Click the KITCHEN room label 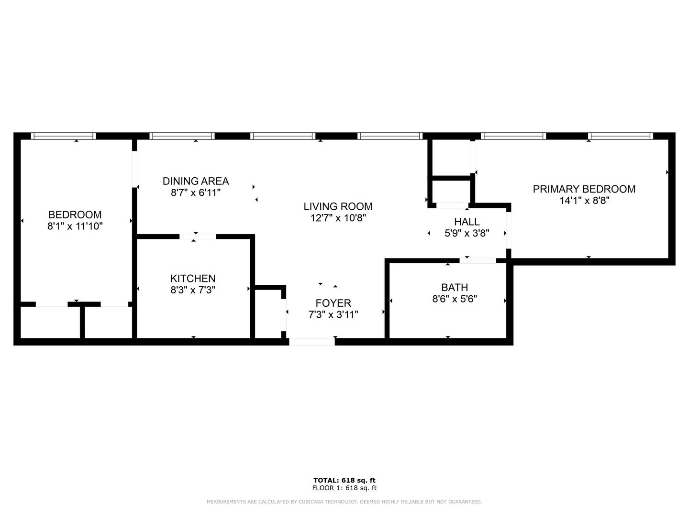[193, 278]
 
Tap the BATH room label [454, 287]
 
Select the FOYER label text [333, 303]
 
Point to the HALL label [467, 222]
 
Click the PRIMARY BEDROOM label [584, 189]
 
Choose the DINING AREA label [196, 181]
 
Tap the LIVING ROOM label [338, 206]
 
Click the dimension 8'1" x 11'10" [75, 226]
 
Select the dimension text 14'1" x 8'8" [584, 201]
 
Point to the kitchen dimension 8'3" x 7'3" [193, 290]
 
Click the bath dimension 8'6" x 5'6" [455, 299]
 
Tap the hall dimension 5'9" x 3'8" [467, 234]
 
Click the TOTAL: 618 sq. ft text [344, 480]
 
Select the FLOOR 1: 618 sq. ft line [344, 488]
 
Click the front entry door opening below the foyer [312, 342]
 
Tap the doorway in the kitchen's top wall [198, 236]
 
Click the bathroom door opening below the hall [478, 261]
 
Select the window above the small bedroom [64, 136]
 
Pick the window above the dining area [182, 136]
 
